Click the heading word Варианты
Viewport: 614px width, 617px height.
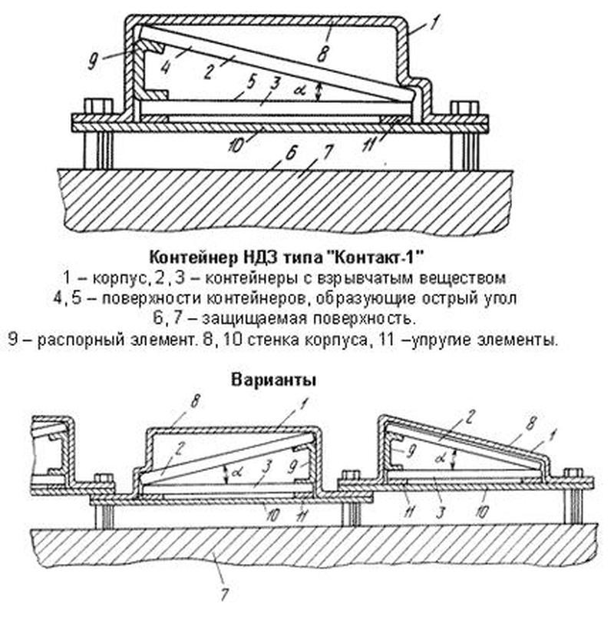[x=273, y=380]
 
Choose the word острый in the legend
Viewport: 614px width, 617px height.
[x=454, y=296]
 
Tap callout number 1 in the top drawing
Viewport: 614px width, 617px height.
[x=435, y=23]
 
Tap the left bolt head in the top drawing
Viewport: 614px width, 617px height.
[x=98, y=107]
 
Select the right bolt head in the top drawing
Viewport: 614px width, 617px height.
[x=460, y=108]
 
